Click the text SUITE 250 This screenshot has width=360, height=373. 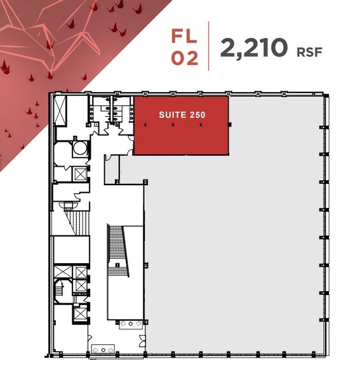coord(181,115)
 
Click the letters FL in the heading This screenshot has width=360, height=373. coord(185,35)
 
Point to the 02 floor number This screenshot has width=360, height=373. coord(185,58)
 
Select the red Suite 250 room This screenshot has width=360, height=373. coord(181,133)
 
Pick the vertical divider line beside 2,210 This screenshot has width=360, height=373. coord(210,46)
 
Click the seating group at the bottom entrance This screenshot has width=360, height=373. coord(103,348)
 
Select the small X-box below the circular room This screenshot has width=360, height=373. coord(80,173)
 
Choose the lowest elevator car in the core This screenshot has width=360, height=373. coord(81,313)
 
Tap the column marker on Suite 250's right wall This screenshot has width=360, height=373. coord(229,124)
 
